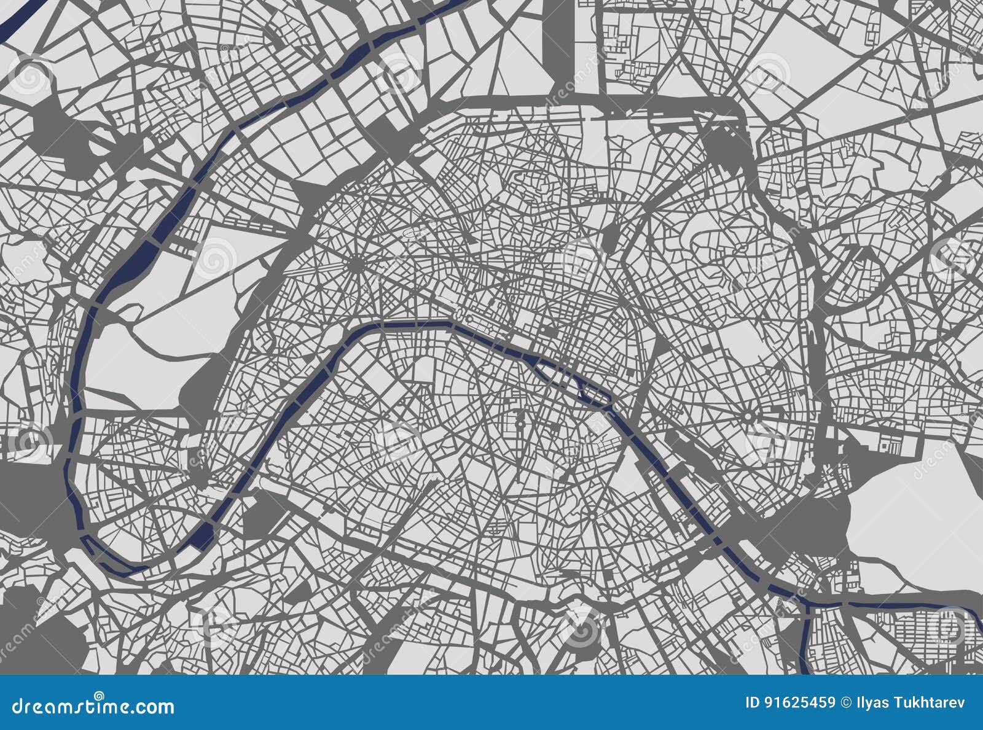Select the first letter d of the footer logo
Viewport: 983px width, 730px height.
[x=18, y=706]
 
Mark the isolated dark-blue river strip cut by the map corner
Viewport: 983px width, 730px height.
[x=18, y=15]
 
